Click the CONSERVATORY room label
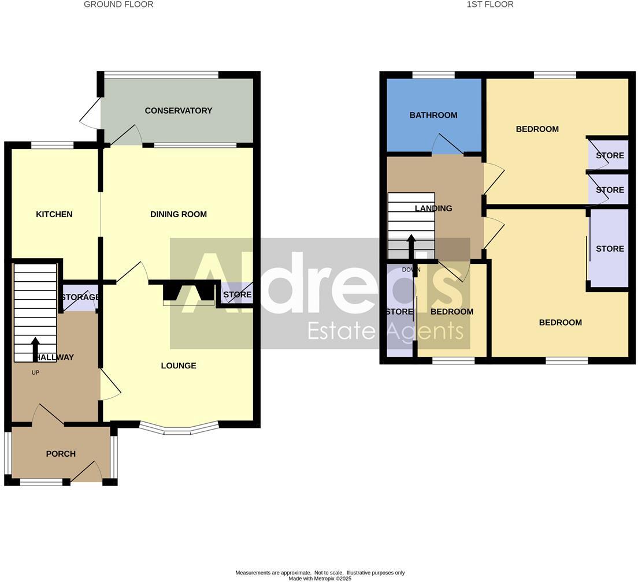[178, 111]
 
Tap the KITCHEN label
[54, 215]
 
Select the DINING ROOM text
[178, 215]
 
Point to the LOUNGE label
[179, 365]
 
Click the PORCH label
[61, 454]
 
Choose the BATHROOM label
[433, 115]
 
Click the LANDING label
[433, 208]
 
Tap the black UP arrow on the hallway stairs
[35, 349]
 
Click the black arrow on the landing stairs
[411, 246]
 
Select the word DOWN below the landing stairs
[411, 270]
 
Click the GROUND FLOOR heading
[118, 5]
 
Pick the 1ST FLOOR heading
[490, 5]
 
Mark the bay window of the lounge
[179, 430]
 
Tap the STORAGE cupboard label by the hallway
[80, 297]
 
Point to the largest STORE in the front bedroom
[610, 249]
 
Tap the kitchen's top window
[52, 145]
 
